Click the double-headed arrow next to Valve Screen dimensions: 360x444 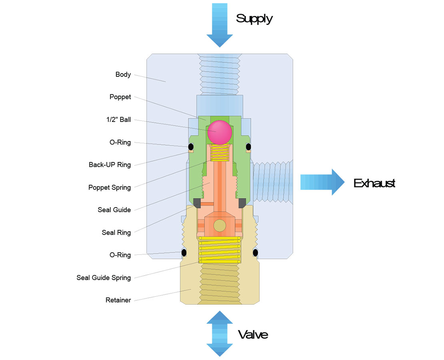(220, 333)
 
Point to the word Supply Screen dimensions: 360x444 (254, 18)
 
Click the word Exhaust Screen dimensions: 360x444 (374, 183)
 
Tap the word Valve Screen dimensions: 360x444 (253, 334)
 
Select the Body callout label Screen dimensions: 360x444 (123, 74)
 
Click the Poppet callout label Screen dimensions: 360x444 (120, 97)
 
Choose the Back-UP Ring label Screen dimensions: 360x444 (110, 165)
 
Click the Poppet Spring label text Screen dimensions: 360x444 (109, 187)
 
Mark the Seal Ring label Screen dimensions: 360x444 (116, 232)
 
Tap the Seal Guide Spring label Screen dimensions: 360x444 (104, 278)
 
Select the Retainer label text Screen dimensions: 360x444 (118, 300)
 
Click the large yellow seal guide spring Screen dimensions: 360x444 (220, 250)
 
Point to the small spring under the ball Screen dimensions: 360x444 (219, 152)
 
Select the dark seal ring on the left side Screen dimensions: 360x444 (197, 203)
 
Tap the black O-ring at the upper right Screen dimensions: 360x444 (248, 146)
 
